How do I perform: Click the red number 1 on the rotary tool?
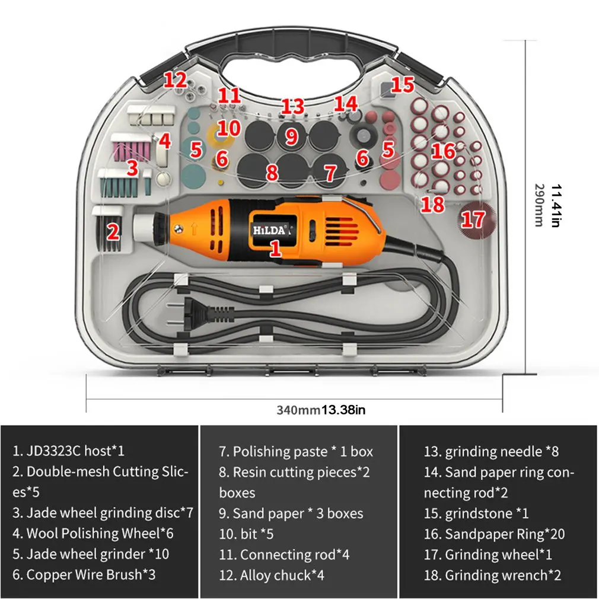tap(275, 247)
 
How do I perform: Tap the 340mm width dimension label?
tap(298, 410)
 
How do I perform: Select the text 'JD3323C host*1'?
tap(69, 451)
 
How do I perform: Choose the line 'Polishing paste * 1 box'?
tap(296, 451)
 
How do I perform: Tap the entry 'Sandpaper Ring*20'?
tap(494, 534)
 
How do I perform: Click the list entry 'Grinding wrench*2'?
tap(492, 575)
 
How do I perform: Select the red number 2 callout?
tap(113, 231)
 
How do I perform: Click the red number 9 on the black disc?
tap(291, 137)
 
